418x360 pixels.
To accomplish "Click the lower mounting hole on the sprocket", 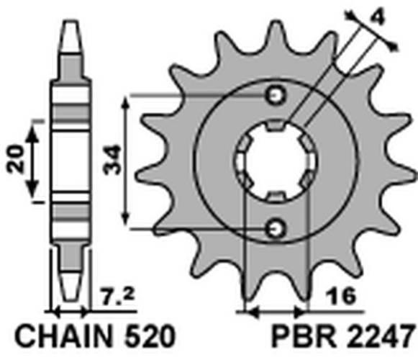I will click(x=274, y=229).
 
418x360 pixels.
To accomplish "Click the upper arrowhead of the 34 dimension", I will click(x=127, y=102).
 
